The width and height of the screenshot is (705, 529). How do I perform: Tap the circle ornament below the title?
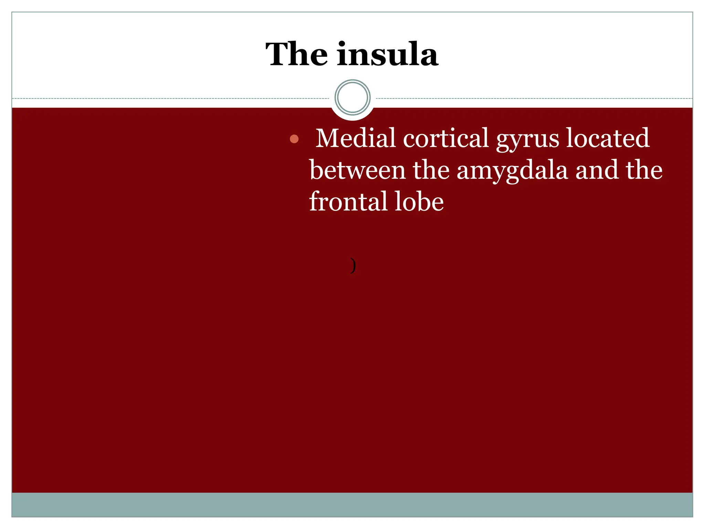tap(352, 97)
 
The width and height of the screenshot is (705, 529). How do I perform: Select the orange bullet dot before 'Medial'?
tap(294, 139)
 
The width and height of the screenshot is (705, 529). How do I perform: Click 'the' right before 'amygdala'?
tap(431, 170)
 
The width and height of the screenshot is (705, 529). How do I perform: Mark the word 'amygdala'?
tap(512, 171)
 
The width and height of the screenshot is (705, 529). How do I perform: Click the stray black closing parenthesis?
tap(352, 265)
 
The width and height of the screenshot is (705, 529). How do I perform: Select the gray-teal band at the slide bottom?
tap(352, 505)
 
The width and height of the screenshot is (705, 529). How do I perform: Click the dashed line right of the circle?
tap(534, 98)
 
